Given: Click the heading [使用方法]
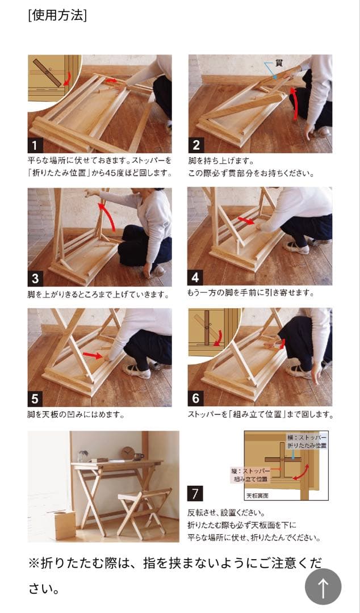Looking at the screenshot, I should (x=57, y=15).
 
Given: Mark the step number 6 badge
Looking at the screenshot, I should (x=196, y=398).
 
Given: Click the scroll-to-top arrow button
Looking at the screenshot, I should (x=323, y=587).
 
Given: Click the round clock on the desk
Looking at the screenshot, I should (x=128, y=453).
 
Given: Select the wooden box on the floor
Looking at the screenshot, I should (x=61, y=523).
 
